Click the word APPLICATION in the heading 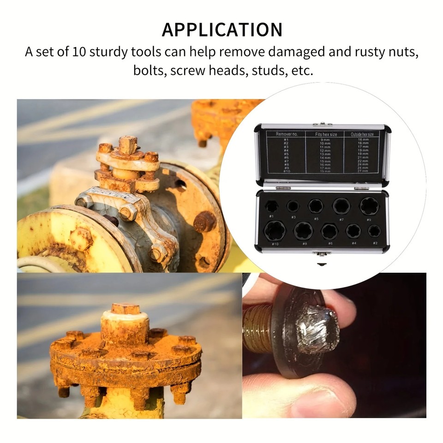click(222, 30)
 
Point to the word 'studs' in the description click(269, 71)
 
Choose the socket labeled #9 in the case click(370, 206)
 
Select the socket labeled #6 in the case click(329, 231)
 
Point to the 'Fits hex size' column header click(326, 134)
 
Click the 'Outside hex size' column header click(362, 134)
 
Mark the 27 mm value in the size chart click(362, 171)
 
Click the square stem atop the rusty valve click(128, 145)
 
